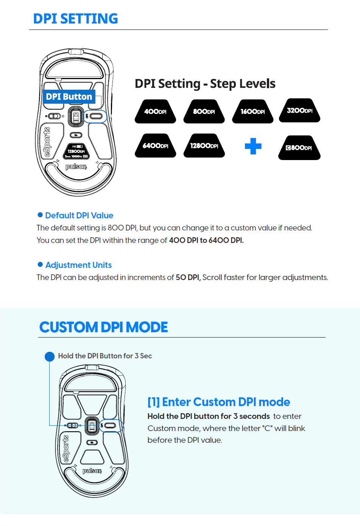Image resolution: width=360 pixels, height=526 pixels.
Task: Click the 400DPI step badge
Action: point(155,112)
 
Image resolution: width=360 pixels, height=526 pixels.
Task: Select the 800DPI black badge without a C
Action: point(204,112)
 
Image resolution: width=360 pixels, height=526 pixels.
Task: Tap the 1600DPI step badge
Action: point(252,112)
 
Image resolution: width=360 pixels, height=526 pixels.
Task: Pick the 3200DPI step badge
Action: point(299,110)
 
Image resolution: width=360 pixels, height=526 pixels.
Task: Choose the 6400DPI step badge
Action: point(155,146)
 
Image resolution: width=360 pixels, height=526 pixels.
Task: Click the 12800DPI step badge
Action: point(204,146)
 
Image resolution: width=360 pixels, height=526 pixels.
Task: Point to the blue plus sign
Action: point(253,146)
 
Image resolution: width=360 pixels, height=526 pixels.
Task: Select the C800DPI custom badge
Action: point(299,148)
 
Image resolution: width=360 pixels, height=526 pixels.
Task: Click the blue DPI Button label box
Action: point(69,97)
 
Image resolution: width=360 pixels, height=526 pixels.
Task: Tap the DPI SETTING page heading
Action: point(75,19)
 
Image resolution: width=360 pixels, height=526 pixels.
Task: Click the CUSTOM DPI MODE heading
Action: point(103,327)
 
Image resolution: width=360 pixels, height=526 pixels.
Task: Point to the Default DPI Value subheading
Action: point(79,216)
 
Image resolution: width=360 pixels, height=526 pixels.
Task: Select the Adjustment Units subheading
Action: point(78,265)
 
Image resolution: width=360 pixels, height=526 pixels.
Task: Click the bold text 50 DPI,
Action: point(188,277)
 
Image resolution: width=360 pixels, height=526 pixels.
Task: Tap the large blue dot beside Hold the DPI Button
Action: point(50,356)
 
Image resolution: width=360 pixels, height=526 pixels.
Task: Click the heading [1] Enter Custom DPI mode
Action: point(218,402)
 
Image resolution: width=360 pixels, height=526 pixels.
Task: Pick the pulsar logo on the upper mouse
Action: point(76,167)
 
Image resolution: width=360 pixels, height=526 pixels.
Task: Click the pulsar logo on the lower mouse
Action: point(92,471)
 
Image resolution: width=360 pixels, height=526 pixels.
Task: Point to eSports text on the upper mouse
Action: point(47,142)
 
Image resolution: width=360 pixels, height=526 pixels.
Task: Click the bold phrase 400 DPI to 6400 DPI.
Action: point(206,240)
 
